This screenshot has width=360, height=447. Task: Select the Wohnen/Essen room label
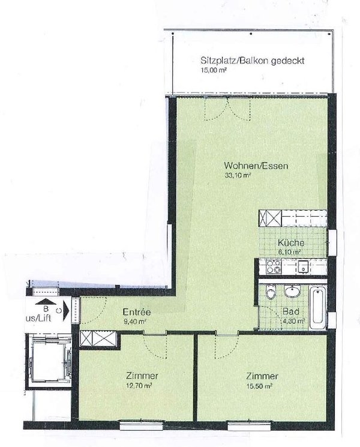coord(248,166)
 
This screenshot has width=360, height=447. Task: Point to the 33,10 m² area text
coord(236,176)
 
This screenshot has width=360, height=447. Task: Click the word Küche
coord(292,244)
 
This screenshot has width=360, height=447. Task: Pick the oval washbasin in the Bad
coord(292,292)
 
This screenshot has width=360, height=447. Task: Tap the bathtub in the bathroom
coord(317,307)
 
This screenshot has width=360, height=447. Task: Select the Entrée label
coord(136,312)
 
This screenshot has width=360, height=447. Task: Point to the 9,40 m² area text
coord(134,321)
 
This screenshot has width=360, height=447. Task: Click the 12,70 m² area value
coord(137,386)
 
